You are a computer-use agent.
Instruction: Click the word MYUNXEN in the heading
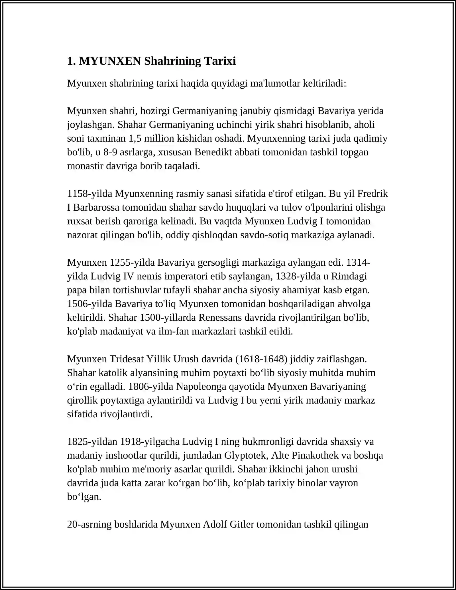(110, 61)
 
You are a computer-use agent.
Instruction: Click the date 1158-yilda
(90, 194)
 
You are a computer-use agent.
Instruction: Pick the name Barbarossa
(96, 207)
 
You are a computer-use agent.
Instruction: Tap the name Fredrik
(372, 194)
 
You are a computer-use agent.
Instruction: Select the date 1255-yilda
(132, 263)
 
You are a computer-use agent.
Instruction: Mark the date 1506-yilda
(90, 304)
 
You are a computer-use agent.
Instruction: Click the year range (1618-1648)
(261, 359)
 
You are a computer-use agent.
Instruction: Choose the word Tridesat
(127, 359)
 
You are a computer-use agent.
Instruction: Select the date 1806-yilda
(151, 386)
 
